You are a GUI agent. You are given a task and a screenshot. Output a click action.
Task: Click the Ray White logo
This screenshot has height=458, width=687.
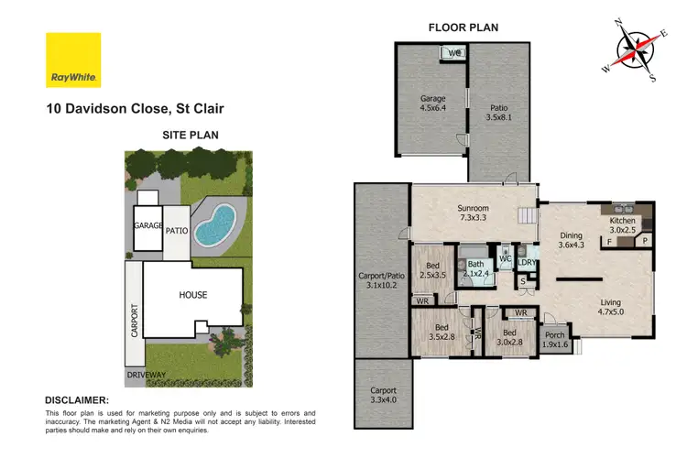tap(73, 60)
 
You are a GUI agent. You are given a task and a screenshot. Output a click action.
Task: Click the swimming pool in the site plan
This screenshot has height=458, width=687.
tap(216, 225)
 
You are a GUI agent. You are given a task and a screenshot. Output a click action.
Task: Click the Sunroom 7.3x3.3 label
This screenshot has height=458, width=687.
tap(474, 213)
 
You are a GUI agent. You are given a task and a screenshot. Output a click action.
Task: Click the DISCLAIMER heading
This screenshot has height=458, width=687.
tap(77, 400)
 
